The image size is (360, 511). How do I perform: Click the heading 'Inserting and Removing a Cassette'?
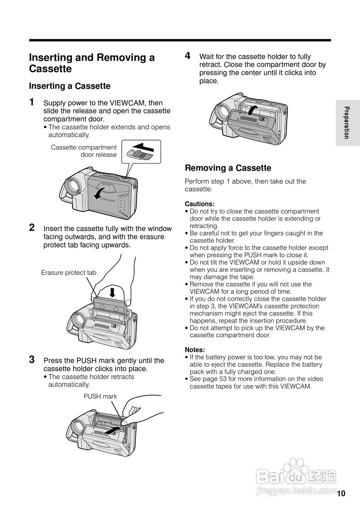tap(91, 63)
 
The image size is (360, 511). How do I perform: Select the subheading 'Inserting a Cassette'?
tap(70, 86)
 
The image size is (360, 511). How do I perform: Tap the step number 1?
tap(32, 102)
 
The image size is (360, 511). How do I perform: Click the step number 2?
tap(32, 228)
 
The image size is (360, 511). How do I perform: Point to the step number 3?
tap(32, 359)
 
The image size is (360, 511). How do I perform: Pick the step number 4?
tap(187, 56)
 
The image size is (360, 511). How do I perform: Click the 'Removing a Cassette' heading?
tap(228, 168)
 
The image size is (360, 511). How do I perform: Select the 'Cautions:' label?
tap(199, 204)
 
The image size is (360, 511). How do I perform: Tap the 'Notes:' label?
tap(195, 350)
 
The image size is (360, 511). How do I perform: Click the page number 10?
tap(341, 493)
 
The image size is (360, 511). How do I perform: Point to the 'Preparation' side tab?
tap(347, 123)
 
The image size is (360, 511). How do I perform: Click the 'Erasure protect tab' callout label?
tap(69, 273)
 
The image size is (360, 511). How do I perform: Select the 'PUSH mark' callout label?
tap(100, 396)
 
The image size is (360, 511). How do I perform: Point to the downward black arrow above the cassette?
tap(112, 292)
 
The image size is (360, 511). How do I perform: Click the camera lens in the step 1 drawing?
tap(73, 185)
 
